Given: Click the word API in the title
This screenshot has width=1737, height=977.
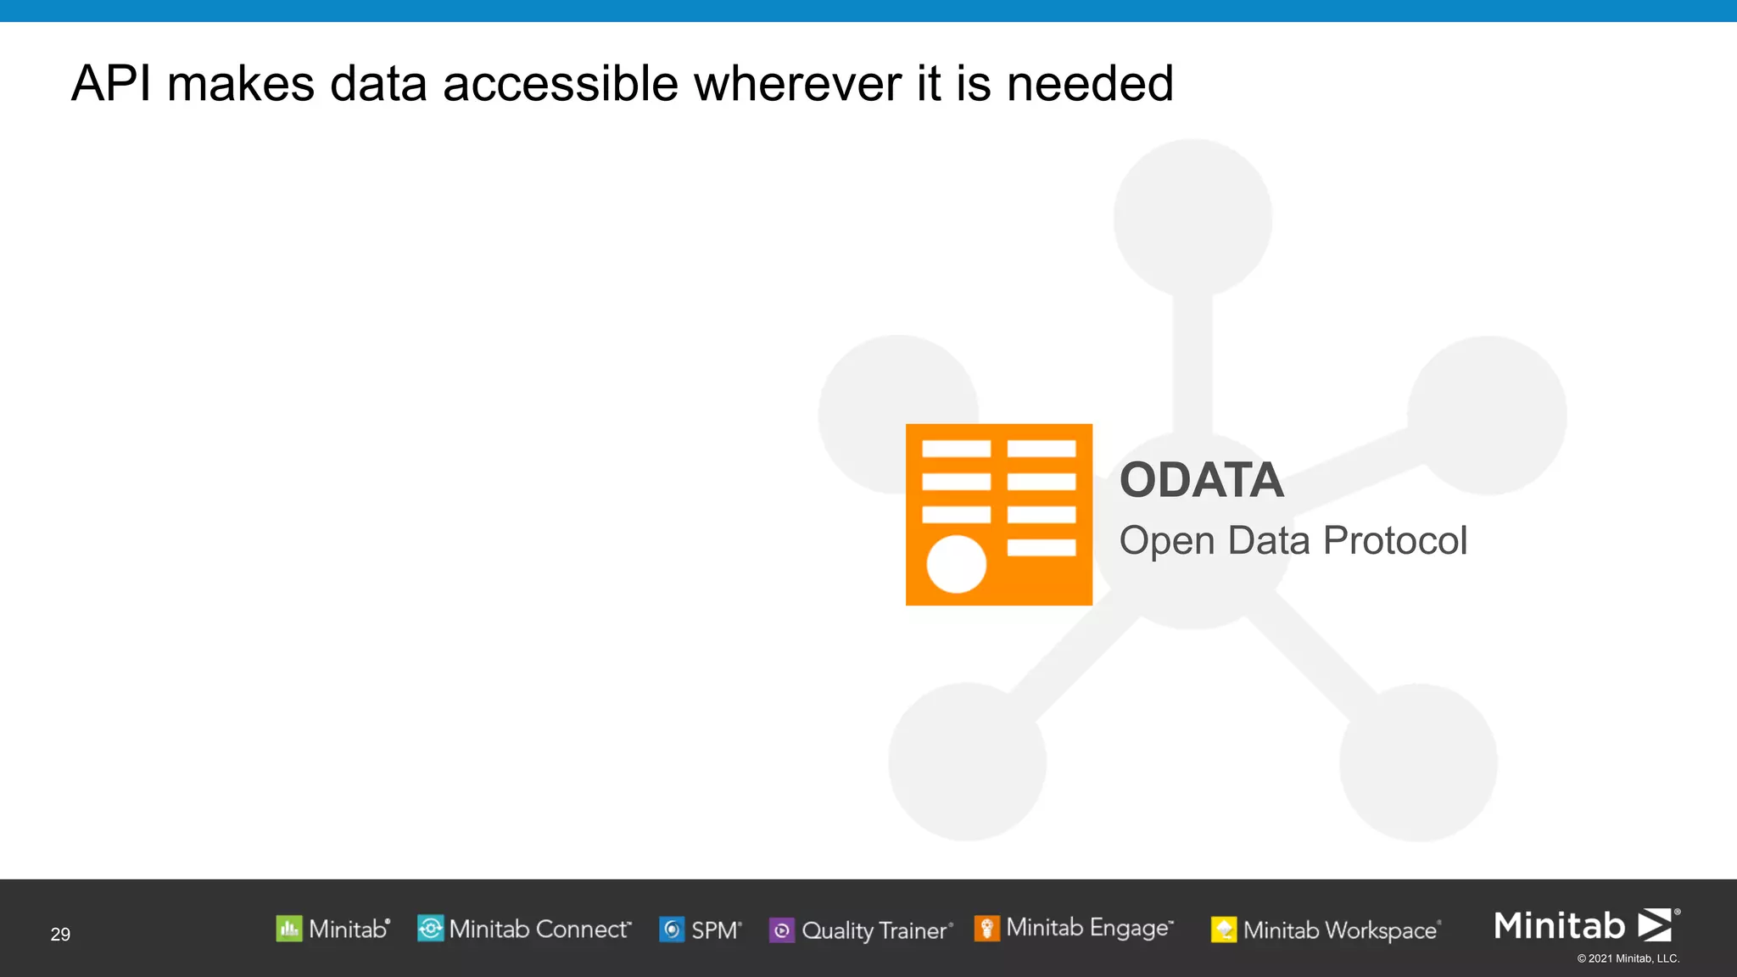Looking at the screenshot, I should (111, 84).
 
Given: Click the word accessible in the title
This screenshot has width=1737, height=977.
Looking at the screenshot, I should (561, 84).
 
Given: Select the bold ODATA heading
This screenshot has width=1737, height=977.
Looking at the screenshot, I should (1201, 480).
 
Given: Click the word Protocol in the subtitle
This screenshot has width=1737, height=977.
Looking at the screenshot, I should (1394, 540).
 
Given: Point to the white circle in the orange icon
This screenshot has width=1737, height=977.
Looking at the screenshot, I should (956, 564).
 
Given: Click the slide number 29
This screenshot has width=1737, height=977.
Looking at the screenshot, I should (60, 934).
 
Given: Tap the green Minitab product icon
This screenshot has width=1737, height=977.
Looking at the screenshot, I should (288, 929).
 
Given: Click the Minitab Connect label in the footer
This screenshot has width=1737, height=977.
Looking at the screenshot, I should (539, 930).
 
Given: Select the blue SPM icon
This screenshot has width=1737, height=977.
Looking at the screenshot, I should (672, 930).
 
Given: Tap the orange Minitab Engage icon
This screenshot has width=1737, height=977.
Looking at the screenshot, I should (986, 928).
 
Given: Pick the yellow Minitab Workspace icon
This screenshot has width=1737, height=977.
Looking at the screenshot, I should (1223, 930).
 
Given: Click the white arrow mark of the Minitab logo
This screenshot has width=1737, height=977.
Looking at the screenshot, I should (1654, 924).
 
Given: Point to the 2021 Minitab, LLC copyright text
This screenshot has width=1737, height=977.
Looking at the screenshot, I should (1628, 958).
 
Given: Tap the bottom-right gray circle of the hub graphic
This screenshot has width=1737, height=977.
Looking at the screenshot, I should (1418, 762).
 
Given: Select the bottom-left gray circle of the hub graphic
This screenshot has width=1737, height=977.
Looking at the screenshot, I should (967, 762).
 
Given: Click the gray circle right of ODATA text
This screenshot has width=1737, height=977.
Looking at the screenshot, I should (1486, 415).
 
